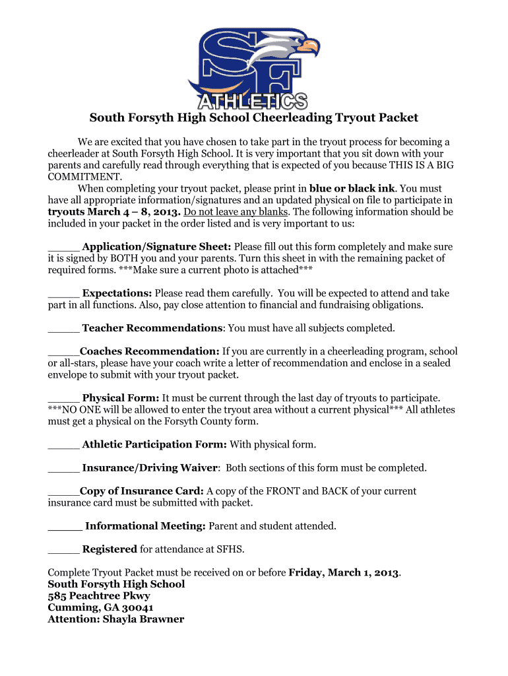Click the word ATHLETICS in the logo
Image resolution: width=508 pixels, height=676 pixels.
coord(253,101)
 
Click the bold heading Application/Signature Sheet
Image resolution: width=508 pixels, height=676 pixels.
coord(156,247)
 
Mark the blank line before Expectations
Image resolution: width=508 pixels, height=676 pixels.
coord(63,293)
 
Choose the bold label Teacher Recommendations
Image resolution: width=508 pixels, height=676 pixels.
coord(152,328)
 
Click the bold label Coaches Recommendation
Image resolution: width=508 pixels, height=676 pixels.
coord(149,351)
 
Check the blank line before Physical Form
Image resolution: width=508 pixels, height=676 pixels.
coord(63,398)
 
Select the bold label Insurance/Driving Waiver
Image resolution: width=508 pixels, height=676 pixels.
coord(150,468)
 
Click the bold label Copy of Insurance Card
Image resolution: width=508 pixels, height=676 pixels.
coord(141,491)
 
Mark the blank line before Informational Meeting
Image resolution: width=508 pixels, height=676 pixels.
coord(65,526)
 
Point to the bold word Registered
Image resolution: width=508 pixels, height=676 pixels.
coord(110,549)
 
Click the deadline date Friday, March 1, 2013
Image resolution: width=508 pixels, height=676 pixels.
coord(344,572)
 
